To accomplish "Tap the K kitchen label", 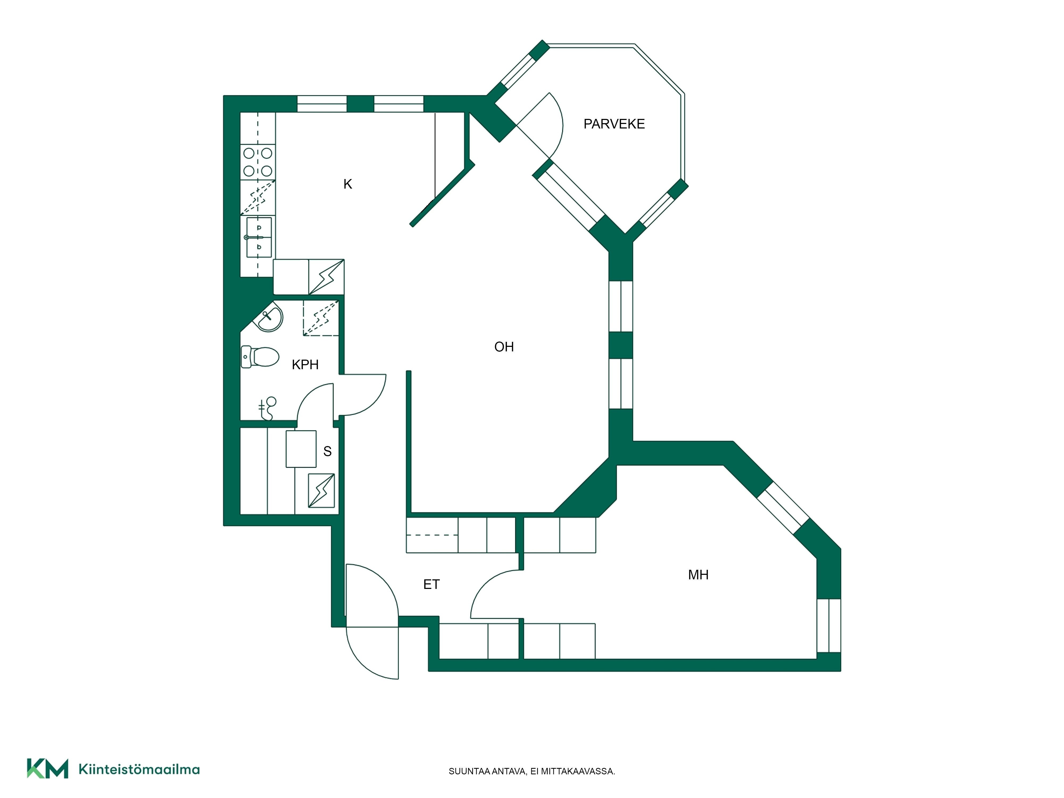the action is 348,184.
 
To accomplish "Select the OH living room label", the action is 504,347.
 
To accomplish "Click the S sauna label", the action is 327,451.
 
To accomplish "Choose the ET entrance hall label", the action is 431,584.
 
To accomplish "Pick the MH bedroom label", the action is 699,575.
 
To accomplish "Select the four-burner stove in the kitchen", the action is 258,162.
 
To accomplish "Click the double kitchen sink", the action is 259,238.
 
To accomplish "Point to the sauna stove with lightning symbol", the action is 321,491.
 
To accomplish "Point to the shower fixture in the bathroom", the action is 268,408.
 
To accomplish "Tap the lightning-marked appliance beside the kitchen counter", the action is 326,277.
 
